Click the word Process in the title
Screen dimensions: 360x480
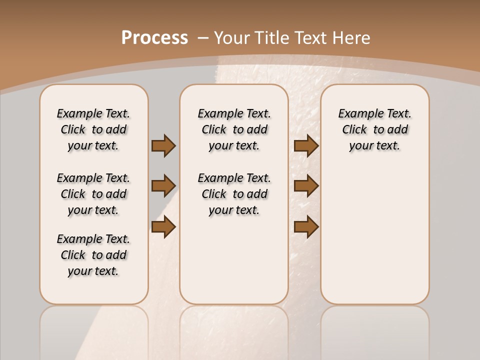(154, 38)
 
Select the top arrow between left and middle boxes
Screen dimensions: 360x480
(163, 145)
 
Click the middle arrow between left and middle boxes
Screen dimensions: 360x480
(163, 186)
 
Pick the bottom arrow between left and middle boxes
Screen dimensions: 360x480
(163, 226)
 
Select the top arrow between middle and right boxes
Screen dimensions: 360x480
(306, 145)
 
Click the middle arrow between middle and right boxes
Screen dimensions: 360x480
(306, 186)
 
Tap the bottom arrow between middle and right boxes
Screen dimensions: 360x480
(306, 226)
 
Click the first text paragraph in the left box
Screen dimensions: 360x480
(93, 129)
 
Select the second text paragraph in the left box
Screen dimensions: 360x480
(93, 194)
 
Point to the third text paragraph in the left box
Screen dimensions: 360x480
(93, 255)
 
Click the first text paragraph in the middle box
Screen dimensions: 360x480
(234, 129)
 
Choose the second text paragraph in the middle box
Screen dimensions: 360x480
(234, 194)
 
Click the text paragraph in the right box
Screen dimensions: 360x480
(374, 129)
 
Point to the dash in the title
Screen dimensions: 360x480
(203, 38)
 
